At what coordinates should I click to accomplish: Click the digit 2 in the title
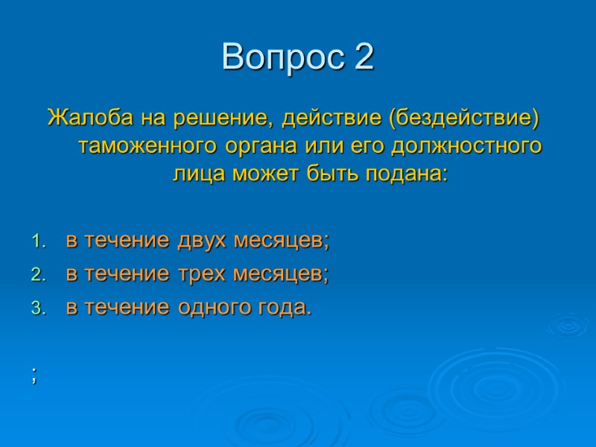pos(363,57)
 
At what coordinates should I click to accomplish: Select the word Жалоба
pos(80,118)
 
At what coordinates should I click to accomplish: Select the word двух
pos(202,241)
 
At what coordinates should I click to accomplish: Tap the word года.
pos(282,307)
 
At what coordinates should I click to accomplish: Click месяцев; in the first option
pos(282,241)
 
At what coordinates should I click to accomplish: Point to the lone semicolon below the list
pos(34,376)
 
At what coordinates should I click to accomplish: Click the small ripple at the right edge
pos(568,325)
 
